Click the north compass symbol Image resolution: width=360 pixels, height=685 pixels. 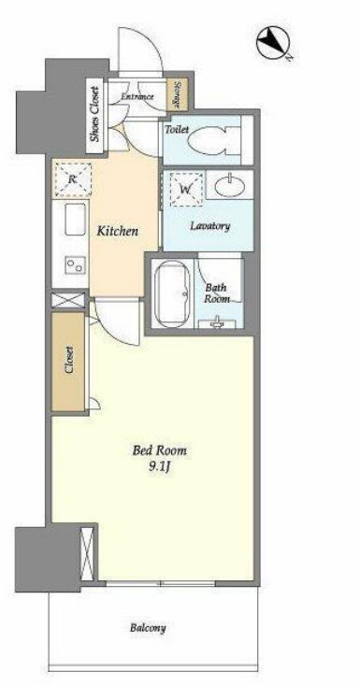273,42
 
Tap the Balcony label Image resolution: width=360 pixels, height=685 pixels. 148,628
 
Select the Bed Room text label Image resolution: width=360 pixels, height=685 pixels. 160,450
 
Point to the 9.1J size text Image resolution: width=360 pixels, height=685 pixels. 160,467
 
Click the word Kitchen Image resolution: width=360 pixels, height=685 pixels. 117,231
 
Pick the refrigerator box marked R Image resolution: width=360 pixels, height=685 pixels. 73,178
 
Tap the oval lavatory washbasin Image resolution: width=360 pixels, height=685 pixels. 228,185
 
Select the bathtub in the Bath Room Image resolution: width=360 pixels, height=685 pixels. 172,293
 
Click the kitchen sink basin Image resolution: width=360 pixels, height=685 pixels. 75,220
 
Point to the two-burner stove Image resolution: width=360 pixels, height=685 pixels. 75,264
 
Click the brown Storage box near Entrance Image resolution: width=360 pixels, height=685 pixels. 178,94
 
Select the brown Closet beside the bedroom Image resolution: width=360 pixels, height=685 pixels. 67,362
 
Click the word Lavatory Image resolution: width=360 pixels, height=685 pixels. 209,226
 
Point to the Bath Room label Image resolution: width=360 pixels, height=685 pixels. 217,293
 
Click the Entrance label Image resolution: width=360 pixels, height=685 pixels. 137,96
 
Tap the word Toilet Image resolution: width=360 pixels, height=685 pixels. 177,129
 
